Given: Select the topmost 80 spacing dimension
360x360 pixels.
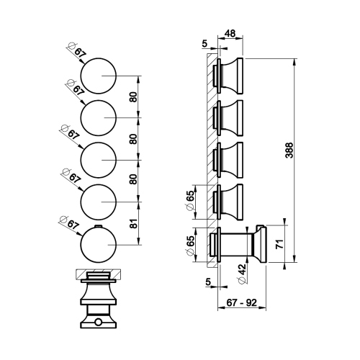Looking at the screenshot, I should click(x=132, y=98).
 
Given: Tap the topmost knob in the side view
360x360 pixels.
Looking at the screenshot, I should click(x=230, y=75).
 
